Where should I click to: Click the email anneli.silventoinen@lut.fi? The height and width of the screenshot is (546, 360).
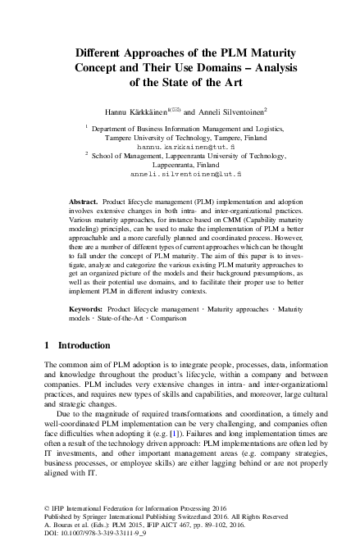[186, 174]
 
